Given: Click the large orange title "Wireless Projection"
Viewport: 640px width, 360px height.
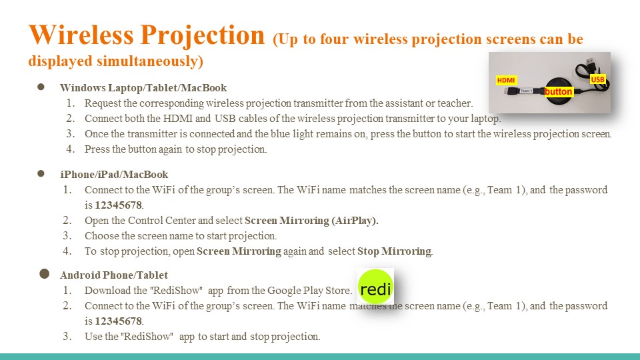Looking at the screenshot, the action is [x=147, y=36].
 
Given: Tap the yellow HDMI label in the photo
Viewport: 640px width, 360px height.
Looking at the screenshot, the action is [x=506, y=80].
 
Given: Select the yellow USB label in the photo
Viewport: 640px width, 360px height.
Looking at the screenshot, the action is [x=597, y=79].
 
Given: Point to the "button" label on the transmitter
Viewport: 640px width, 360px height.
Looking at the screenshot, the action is [x=559, y=91].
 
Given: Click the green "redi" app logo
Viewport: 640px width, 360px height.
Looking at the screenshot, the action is [x=375, y=287].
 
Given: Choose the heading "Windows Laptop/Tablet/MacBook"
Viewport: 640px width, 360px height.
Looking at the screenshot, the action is [x=143, y=88].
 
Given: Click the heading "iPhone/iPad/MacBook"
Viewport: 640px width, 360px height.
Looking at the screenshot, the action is [x=114, y=174].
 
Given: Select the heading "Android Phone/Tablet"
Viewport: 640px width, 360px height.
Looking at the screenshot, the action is [x=114, y=275].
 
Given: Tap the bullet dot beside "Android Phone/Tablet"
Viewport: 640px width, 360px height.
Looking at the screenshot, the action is [x=45, y=274].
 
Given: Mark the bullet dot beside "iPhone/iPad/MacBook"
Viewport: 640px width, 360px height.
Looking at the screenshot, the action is [x=41, y=173].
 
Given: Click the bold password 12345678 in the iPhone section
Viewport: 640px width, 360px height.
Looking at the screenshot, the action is [x=119, y=205].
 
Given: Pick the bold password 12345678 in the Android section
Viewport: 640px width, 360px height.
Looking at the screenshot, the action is [x=119, y=321].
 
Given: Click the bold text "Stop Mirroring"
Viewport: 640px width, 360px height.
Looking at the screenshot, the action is [x=394, y=251].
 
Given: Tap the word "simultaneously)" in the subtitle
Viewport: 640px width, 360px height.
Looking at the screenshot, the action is [x=150, y=61].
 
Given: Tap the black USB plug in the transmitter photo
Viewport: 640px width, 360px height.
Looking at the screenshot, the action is [x=590, y=61].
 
